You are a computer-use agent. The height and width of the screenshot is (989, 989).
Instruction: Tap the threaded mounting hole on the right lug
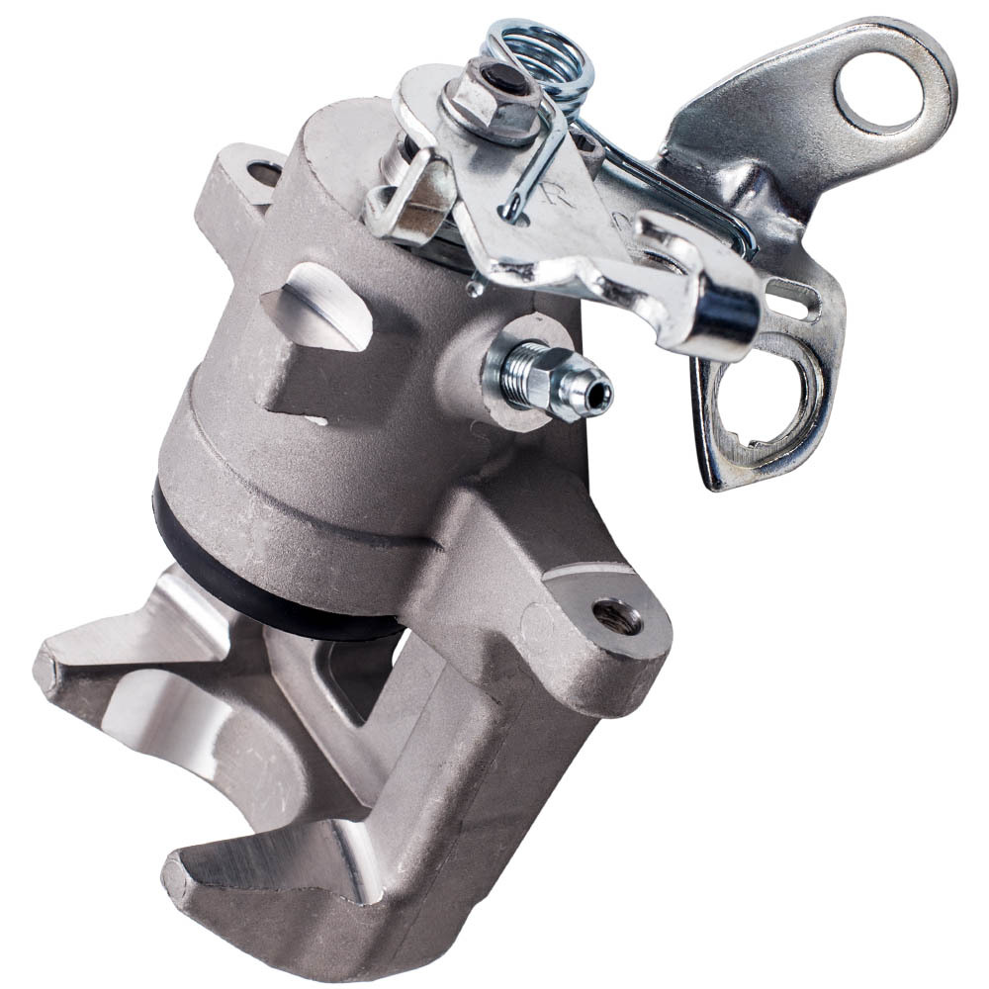[x=616, y=618]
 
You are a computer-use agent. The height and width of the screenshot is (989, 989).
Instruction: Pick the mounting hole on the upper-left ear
[x=263, y=174]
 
